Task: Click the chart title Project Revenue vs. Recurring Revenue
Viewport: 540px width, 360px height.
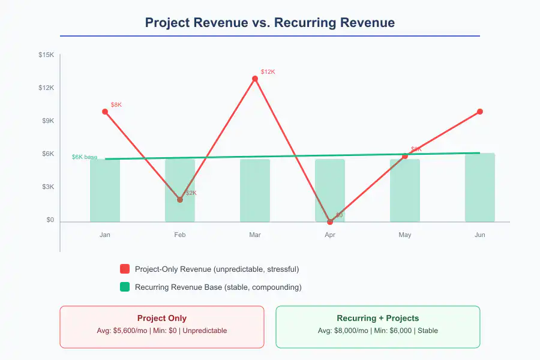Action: tap(270, 23)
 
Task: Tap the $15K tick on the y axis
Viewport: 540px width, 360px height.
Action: tap(46, 55)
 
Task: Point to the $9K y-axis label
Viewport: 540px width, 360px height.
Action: tap(47, 121)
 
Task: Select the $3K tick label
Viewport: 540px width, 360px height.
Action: tap(47, 187)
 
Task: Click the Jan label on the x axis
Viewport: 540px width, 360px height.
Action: tap(105, 235)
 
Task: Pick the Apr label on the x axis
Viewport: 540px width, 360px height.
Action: tap(330, 235)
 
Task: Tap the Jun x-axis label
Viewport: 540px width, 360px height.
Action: tap(480, 235)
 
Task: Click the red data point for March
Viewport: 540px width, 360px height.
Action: tap(255, 79)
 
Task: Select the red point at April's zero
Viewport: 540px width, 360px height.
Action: tap(330, 221)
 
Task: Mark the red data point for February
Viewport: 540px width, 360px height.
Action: tap(180, 200)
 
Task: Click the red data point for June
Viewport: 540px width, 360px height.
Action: tap(480, 112)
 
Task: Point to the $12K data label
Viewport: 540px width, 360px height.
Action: tap(268, 72)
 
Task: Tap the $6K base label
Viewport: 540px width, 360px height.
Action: tap(84, 157)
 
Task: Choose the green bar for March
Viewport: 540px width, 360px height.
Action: tap(255, 190)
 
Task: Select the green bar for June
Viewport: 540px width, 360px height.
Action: tap(480, 187)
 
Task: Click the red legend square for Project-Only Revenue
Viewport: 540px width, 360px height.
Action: tap(125, 269)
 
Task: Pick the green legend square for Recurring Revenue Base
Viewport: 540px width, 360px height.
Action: tap(125, 287)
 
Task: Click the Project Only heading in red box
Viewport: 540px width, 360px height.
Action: tap(162, 319)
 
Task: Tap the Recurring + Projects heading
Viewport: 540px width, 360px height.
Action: tap(378, 319)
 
